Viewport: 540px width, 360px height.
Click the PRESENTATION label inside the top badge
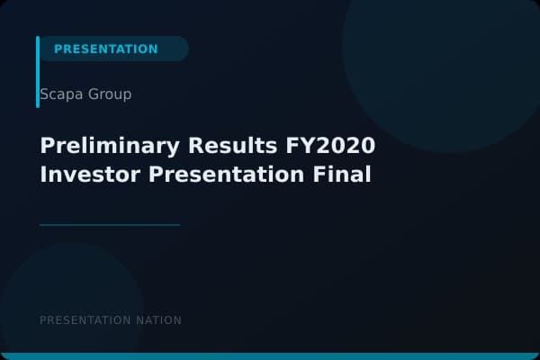105,49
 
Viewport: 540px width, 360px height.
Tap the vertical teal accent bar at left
38,72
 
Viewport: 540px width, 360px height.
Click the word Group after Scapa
109,94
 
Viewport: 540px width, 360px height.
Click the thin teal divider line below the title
110,224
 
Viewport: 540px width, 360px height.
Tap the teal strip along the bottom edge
270,356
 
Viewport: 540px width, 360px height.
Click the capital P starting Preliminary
47,146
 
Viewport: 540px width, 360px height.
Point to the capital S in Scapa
44,94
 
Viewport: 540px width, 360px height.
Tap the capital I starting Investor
43,174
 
